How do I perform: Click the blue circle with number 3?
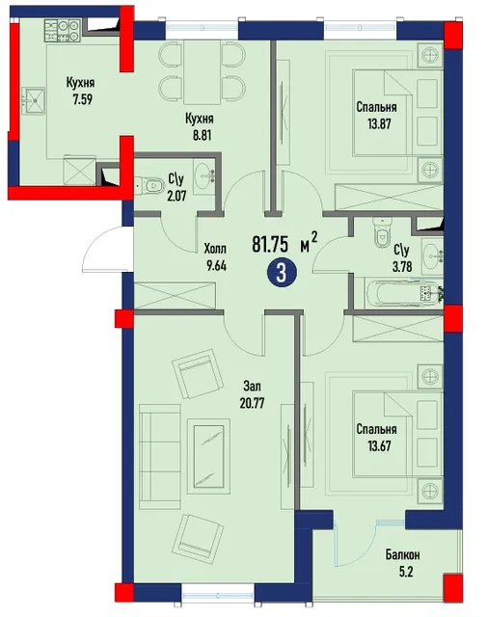pos(281,273)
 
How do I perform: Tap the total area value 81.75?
pos(270,244)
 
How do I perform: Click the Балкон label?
pos(402,555)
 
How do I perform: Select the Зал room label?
pos(252,387)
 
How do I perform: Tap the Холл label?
pos(215,249)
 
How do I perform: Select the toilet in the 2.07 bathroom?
pos(149,184)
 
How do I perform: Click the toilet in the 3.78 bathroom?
pos(382,233)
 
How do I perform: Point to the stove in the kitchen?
pos(63,31)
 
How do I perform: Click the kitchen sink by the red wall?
pos(34,100)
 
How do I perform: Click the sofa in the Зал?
pos(160,457)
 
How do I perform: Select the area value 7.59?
pos(82,99)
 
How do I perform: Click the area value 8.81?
pos(202,135)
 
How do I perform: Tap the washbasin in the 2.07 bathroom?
pos(204,174)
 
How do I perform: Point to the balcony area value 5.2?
pos(405,572)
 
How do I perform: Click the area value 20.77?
pos(252,403)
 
